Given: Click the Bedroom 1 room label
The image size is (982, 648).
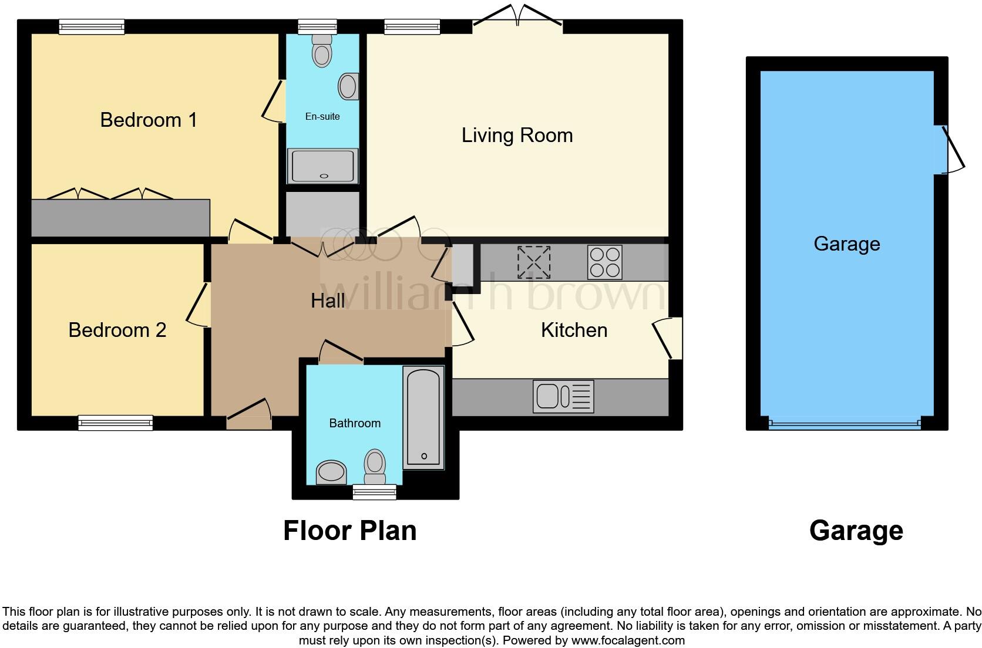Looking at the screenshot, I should (x=148, y=120).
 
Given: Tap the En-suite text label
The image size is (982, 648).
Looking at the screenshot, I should (x=322, y=116).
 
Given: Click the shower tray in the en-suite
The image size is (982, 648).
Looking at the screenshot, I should (x=322, y=166).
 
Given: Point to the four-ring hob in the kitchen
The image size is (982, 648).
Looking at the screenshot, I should (x=604, y=262).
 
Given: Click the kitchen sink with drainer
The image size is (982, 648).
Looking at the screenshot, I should (x=563, y=396).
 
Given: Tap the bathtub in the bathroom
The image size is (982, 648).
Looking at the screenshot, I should (x=423, y=417).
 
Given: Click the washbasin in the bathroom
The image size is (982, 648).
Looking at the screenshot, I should (x=331, y=472).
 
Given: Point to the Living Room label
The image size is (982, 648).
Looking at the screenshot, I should (x=517, y=136).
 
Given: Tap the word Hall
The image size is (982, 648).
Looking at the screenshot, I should (x=328, y=301).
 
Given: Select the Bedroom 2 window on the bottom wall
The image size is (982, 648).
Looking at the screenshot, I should (x=116, y=422).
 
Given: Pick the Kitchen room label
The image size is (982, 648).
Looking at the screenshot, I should (x=574, y=330).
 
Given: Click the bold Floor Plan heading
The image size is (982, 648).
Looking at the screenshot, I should (x=349, y=531).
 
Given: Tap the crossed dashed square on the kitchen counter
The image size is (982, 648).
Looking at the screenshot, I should (x=534, y=262).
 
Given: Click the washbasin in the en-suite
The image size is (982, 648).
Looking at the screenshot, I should (x=348, y=86).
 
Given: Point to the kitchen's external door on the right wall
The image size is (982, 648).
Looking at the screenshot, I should (x=670, y=339).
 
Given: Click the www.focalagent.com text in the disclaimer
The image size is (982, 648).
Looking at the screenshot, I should (x=628, y=640).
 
